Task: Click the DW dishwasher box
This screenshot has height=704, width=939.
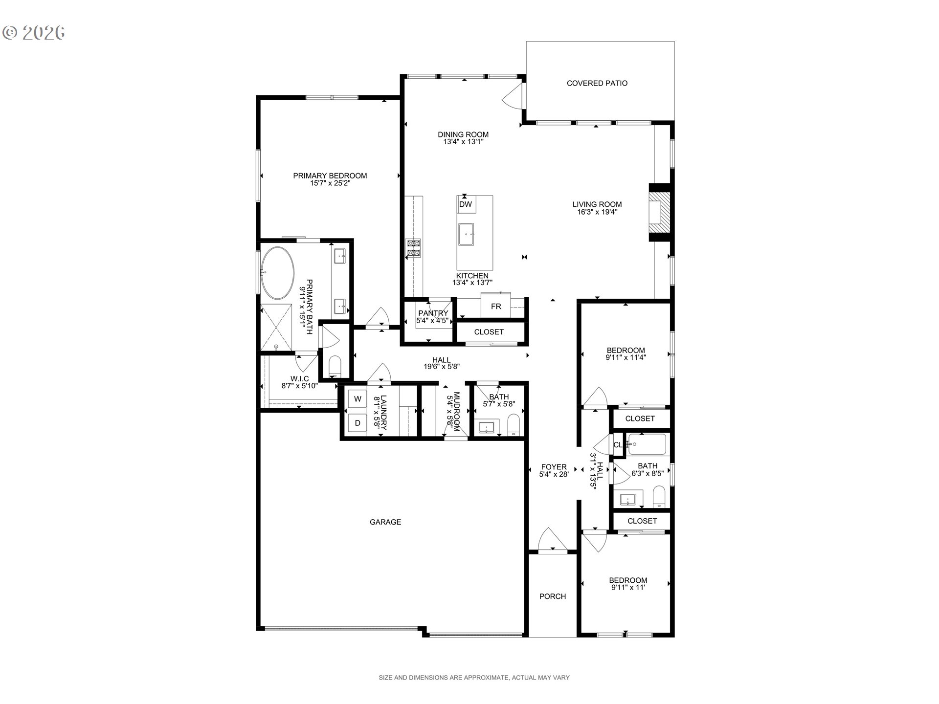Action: click(x=466, y=204)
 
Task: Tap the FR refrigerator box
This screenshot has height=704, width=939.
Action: click(x=496, y=306)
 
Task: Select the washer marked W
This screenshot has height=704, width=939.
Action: click(x=358, y=399)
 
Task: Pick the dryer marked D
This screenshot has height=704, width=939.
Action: click(x=358, y=423)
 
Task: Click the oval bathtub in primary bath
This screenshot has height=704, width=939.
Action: click(x=277, y=273)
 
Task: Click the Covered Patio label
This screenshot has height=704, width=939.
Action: click(x=597, y=83)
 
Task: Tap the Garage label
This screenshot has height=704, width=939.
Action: click(x=385, y=522)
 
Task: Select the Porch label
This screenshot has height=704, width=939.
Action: click(x=553, y=596)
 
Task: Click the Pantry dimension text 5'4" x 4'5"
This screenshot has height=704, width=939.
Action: click(x=432, y=321)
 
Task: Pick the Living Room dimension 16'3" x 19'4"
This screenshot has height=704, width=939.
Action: click(x=597, y=212)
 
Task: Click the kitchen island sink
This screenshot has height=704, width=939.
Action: click(x=466, y=235)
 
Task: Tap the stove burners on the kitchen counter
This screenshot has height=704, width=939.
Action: click(x=413, y=248)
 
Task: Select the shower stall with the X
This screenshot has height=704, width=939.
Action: click(x=276, y=327)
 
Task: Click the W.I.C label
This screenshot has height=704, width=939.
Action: click(x=299, y=378)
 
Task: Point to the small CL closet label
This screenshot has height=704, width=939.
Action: click(x=618, y=445)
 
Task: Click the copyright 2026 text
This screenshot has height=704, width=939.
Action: click(x=34, y=32)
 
